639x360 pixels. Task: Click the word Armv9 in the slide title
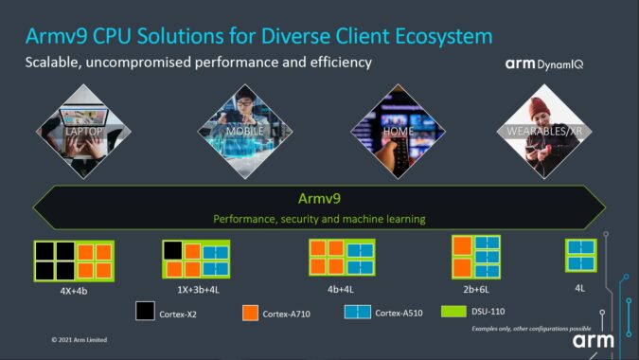click(x=60, y=37)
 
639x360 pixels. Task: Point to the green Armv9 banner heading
click(x=319, y=199)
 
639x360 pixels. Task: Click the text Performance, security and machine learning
click(x=319, y=219)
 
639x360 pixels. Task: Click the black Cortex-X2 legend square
click(x=144, y=311)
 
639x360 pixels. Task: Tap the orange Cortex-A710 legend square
click(x=251, y=311)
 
